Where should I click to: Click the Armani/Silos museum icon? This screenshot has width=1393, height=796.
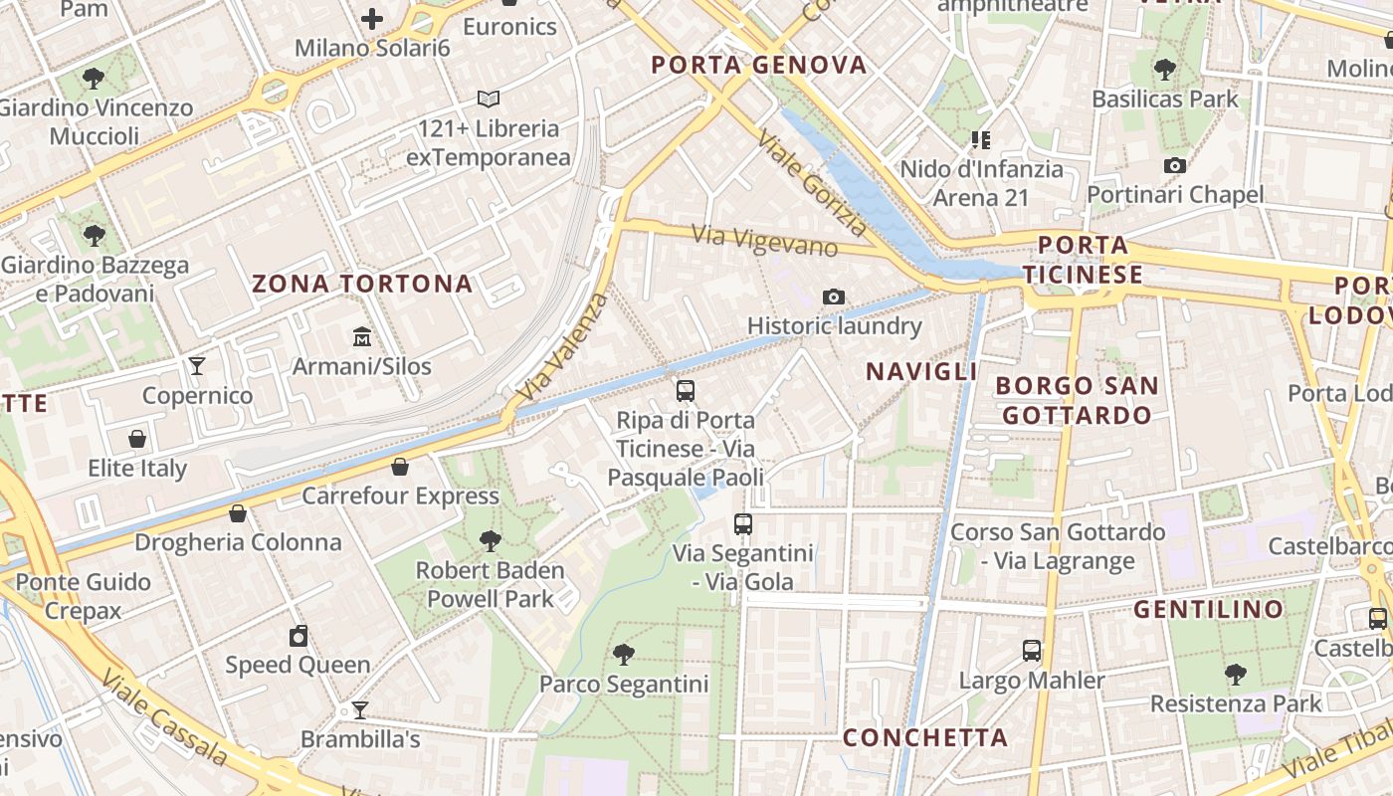[362, 337]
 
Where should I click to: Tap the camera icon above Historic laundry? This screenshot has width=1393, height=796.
[834, 297]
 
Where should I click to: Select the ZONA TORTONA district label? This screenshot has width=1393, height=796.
[362, 284]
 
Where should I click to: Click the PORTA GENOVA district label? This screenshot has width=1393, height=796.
[759, 66]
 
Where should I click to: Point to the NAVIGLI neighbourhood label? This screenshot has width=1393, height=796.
[921, 372]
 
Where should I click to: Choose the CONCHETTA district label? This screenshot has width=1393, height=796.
[925, 737]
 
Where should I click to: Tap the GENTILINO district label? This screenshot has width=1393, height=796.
[1209, 609]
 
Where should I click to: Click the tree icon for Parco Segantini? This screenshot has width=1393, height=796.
[624, 654]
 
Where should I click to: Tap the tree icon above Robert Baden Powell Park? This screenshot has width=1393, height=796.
[490, 540]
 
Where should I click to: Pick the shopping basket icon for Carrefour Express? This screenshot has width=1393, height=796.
[400, 467]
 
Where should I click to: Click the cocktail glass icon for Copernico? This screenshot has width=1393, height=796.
[197, 366]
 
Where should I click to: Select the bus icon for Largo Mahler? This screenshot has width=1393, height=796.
[1032, 651]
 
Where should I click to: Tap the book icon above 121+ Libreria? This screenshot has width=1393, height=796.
[488, 99]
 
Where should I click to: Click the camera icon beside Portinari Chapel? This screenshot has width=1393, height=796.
[1175, 165]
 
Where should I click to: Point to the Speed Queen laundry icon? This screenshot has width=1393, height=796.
[298, 636]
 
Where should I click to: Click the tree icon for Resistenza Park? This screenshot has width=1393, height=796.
[1236, 674]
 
